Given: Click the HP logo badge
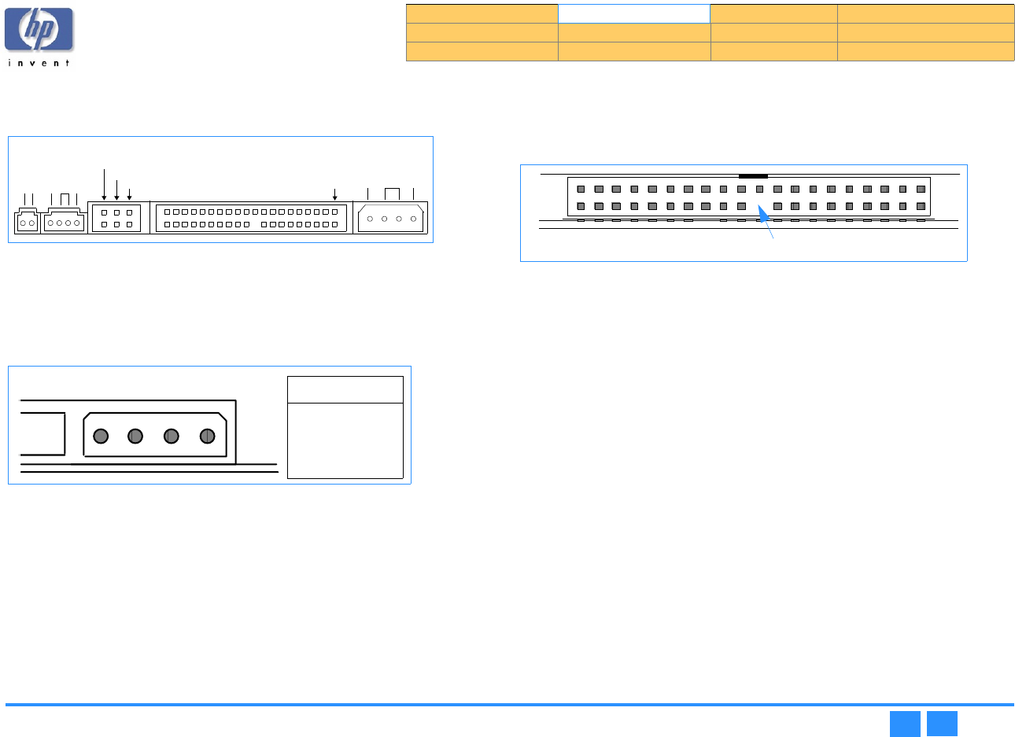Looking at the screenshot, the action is (39, 30).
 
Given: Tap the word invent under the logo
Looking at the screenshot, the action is (39, 63).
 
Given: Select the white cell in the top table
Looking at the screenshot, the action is (633, 13).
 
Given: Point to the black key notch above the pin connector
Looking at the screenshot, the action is (753, 176).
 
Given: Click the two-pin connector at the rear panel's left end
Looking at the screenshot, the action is (27, 223).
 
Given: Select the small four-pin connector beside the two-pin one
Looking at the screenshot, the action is (64, 223).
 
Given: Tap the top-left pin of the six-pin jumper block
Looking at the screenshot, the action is (105, 212).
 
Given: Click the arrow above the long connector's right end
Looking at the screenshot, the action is (335, 194).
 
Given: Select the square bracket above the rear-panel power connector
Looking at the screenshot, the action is (392, 193).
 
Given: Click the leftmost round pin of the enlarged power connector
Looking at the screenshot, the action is (101, 436).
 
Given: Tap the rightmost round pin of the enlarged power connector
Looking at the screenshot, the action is (208, 436).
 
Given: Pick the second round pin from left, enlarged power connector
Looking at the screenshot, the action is (135, 436).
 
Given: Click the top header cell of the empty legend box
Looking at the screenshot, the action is (345, 389).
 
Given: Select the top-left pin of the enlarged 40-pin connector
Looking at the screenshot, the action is (581, 189).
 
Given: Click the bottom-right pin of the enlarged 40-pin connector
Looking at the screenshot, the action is (921, 206).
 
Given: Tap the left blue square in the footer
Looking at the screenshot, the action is (905, 724).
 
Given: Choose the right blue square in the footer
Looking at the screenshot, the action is (942, 724).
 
